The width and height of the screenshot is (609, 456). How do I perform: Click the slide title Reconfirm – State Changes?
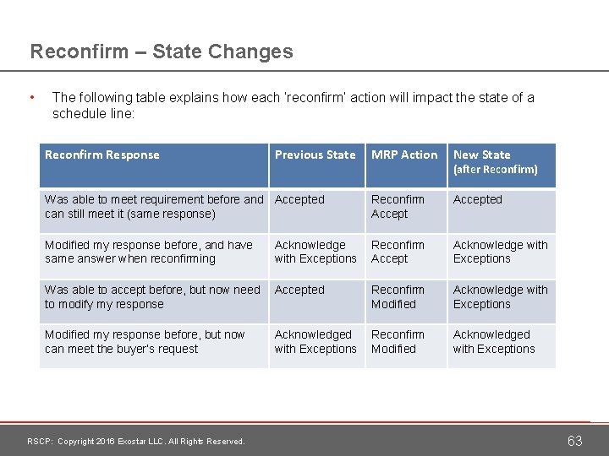[x=162, y=52]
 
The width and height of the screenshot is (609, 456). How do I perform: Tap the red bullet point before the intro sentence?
[x=31, y=98]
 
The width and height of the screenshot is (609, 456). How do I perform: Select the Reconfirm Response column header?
[x=102, y=155]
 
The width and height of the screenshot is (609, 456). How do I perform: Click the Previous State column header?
[x=315, y=155]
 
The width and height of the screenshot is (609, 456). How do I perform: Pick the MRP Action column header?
[x=404, y=155]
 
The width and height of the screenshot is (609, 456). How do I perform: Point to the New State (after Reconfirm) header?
[x=495, y=162]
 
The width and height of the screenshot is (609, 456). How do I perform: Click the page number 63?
[x=574, y=441]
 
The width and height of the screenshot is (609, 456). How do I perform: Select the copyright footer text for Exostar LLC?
[x=136, y=442]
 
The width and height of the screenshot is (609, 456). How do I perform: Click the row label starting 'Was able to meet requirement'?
[x=154, y=207]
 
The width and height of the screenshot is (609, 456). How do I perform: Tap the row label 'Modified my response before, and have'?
[x=149, y=252]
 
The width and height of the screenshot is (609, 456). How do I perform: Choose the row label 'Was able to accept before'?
[x=152, y=296]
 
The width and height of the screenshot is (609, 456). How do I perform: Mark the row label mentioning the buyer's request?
[x=145, y=342]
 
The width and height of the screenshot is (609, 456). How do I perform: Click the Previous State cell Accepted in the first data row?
[x=299, y=200]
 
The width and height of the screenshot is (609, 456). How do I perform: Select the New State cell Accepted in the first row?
[x=477, y=200]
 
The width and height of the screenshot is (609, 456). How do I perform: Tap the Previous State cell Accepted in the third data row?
[x=299, y=290]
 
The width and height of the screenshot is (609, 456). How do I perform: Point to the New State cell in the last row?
[x=494, y=342]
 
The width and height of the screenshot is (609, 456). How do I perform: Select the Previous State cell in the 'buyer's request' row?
[x=315, y=342]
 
